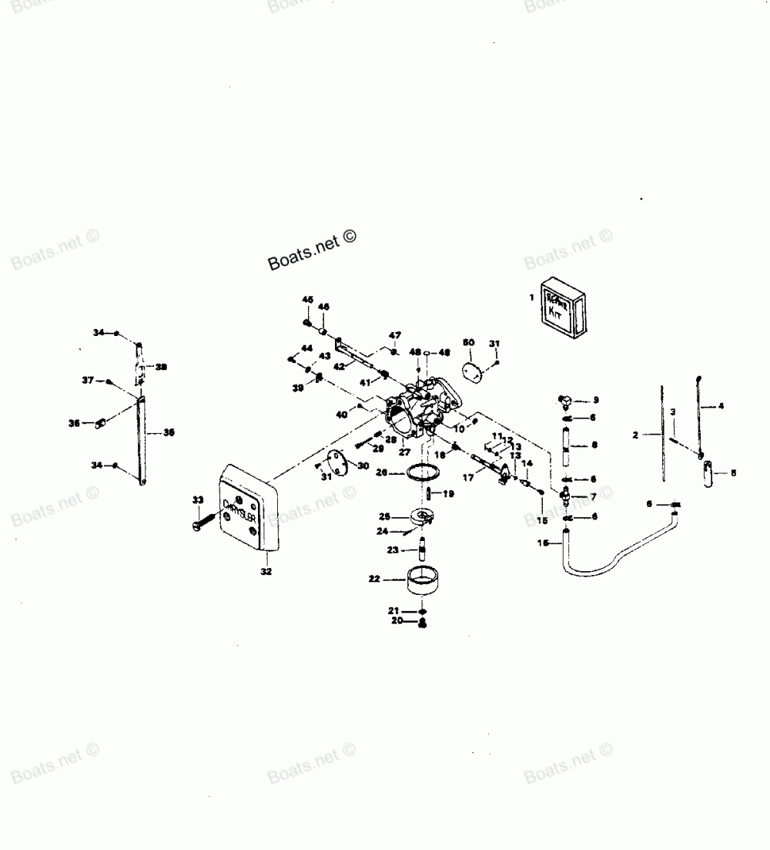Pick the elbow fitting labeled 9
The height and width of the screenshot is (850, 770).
[564, 400]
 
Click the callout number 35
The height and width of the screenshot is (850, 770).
[169, 432]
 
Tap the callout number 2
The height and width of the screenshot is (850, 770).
[635, 435]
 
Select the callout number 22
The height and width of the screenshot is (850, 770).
[374, 579]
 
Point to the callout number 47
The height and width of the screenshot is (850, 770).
[394, 336]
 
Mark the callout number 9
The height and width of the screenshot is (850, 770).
[595, 400]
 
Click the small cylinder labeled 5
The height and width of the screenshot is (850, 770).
[708, 472]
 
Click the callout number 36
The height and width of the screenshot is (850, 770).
[74, 422]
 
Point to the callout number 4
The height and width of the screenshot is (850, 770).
[721, 405]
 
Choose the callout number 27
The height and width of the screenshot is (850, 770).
[403, 452]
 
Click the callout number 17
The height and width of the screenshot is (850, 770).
[467, 478]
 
